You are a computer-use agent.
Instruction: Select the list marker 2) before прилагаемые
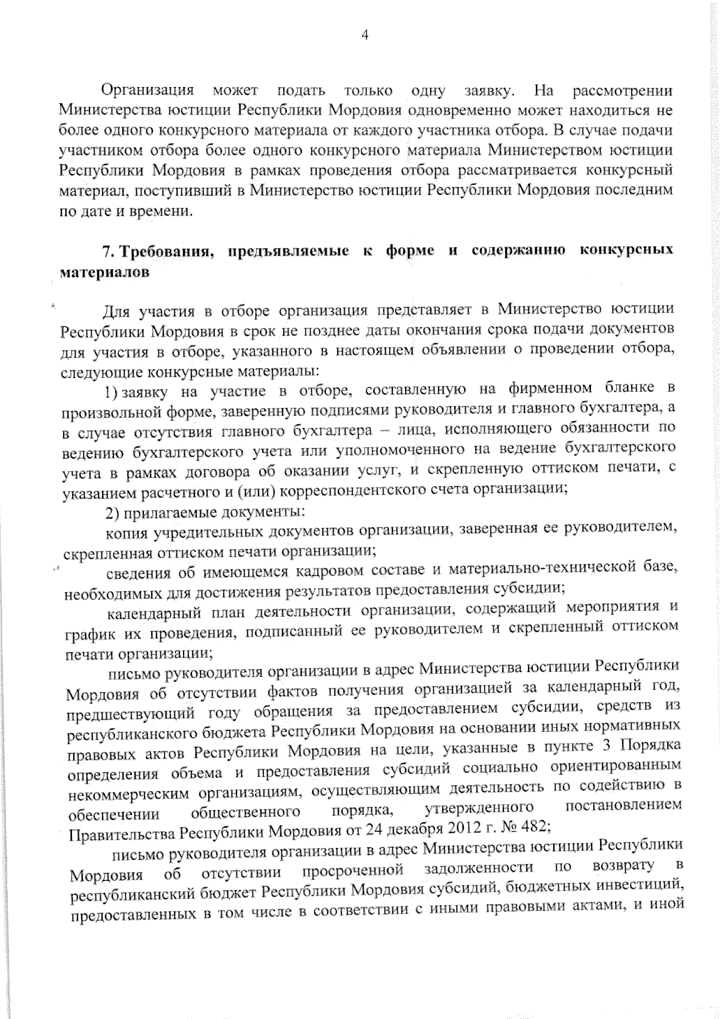click(x=113, y=512)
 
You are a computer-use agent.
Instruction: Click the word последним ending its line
click(x=636, y=191)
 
